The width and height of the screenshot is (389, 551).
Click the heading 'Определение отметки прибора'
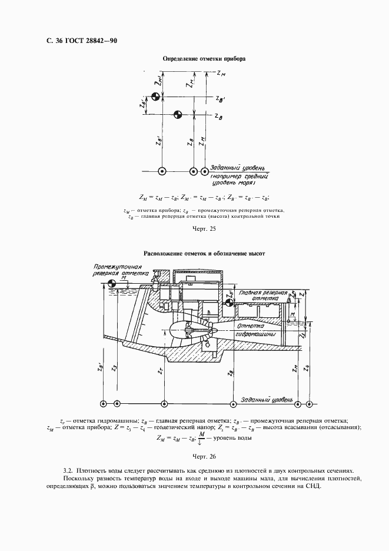pos(204,59)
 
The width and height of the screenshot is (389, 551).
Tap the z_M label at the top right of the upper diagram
pos(220,74)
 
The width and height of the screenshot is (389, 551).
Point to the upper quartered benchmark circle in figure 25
pos(155,97)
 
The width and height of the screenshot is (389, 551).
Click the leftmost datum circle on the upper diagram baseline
pos(162,171)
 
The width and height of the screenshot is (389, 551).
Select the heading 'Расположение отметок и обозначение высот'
pos(204,254)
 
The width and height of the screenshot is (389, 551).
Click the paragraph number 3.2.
pos(67,471)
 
